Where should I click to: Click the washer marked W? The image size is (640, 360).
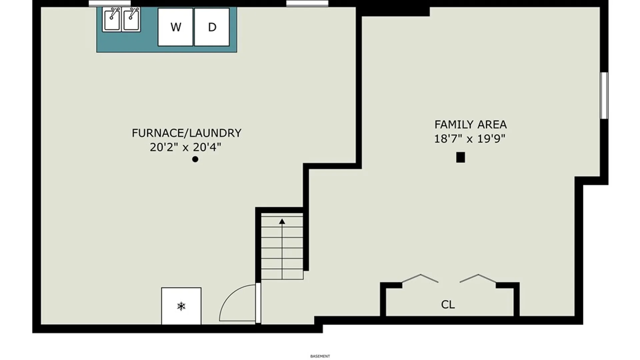(175, 27)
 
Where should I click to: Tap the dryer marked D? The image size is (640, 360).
(212, 27)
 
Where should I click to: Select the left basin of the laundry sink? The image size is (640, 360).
(112, 20)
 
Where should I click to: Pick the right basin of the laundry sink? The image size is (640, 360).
(131, 20)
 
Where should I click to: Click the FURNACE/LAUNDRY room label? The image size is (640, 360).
(186, 133)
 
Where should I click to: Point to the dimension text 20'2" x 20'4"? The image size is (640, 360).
(185, 147)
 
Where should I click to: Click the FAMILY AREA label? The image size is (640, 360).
(470, 124)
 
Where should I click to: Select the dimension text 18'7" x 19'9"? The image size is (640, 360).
(470, 138)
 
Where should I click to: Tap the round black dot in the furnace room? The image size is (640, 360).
(195, 159)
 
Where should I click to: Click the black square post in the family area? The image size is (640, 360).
(461, 157)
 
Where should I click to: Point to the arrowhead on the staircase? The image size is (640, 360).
(282, 221)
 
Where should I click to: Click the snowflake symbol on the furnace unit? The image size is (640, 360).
(181, 306)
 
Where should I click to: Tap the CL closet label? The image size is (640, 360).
(448, 304)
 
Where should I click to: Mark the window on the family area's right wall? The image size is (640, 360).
(604, 95)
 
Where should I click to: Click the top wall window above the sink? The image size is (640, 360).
(110, 4)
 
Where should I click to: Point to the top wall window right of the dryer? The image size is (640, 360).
(307, 4)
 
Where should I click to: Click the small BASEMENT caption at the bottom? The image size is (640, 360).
(320, 356)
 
